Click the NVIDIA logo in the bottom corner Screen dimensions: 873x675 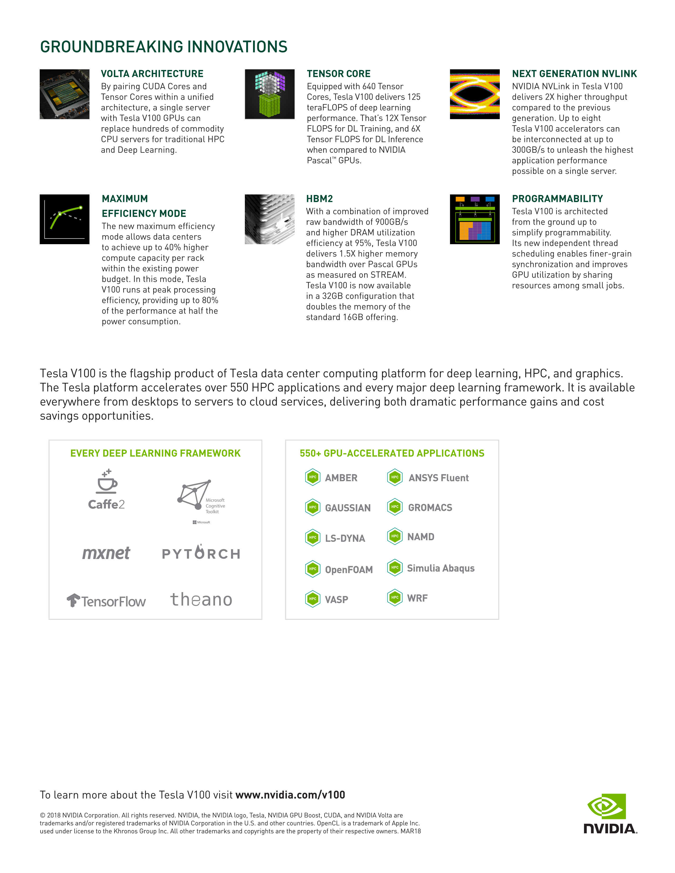click(609, 813)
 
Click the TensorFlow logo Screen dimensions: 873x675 click(106, 601)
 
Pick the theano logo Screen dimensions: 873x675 click(201, 599)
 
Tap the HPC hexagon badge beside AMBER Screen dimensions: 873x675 click(313, 477)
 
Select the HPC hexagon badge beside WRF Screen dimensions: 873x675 click(395, 598)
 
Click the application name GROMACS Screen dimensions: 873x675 click(430, 508)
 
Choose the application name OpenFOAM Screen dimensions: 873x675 click(349, 570)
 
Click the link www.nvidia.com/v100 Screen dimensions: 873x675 click(290, 795)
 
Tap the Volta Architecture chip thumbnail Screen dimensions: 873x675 click(64, 94)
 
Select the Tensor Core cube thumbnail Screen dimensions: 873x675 click(269, 94)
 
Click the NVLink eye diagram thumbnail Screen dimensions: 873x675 click(475, 94)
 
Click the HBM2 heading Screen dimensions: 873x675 click(319, 199)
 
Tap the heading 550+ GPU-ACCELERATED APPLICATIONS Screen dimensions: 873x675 click(392, 453)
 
